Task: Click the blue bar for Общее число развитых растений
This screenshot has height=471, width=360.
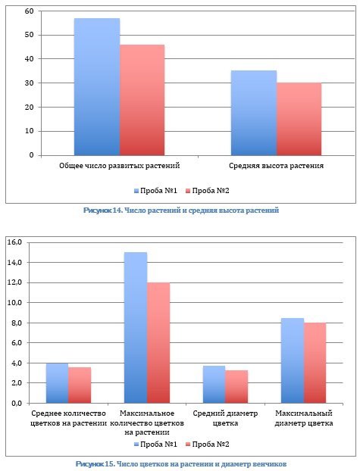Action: click(97, 87)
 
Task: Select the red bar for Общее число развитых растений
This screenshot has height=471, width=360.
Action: click(142, 100)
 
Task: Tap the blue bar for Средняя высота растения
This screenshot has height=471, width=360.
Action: click(254, 113)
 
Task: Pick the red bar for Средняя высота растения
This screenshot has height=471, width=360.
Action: click(299, 119)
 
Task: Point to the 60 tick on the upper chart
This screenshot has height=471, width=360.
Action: click(30, 11)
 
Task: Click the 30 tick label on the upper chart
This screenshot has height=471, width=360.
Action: click(30, 83)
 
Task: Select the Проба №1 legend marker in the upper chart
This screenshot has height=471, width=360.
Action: click(136, 191)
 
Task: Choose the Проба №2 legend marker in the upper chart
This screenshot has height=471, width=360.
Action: click(189, 191)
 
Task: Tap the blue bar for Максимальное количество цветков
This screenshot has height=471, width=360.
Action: click(136, 328)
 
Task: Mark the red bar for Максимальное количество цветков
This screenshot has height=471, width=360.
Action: click(158, 343)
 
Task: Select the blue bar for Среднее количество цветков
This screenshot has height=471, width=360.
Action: click(57, 383)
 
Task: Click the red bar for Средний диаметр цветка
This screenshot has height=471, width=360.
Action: click(236, 387)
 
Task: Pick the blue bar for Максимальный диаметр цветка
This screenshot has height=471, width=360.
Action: click(293, 360)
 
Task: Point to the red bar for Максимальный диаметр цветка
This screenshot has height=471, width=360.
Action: click(315, 363)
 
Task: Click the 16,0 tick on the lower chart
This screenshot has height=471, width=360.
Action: click(15, 242)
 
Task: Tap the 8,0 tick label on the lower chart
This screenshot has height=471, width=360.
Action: click(17, 323)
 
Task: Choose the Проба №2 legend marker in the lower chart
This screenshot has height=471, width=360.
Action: click(189, 444)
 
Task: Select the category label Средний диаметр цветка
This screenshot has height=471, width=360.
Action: click(225, 418)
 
